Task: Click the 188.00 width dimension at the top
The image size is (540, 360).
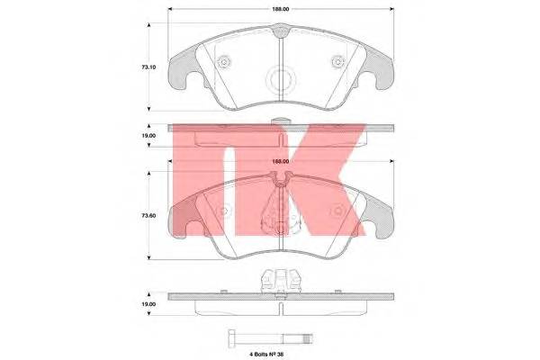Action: click(281, 9)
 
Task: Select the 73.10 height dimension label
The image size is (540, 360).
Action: click(148, 67)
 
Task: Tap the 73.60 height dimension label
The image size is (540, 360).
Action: click(148, 216)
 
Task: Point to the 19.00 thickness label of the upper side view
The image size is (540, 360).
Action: click(148, 136)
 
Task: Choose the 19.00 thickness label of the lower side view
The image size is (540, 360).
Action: click(148, 304)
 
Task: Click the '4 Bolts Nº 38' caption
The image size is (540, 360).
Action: click(266, 354)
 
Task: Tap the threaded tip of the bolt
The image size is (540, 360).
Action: click(308, 338)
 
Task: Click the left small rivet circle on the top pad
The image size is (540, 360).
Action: click(224, 62)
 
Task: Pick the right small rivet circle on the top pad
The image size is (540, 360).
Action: click(337, 62)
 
